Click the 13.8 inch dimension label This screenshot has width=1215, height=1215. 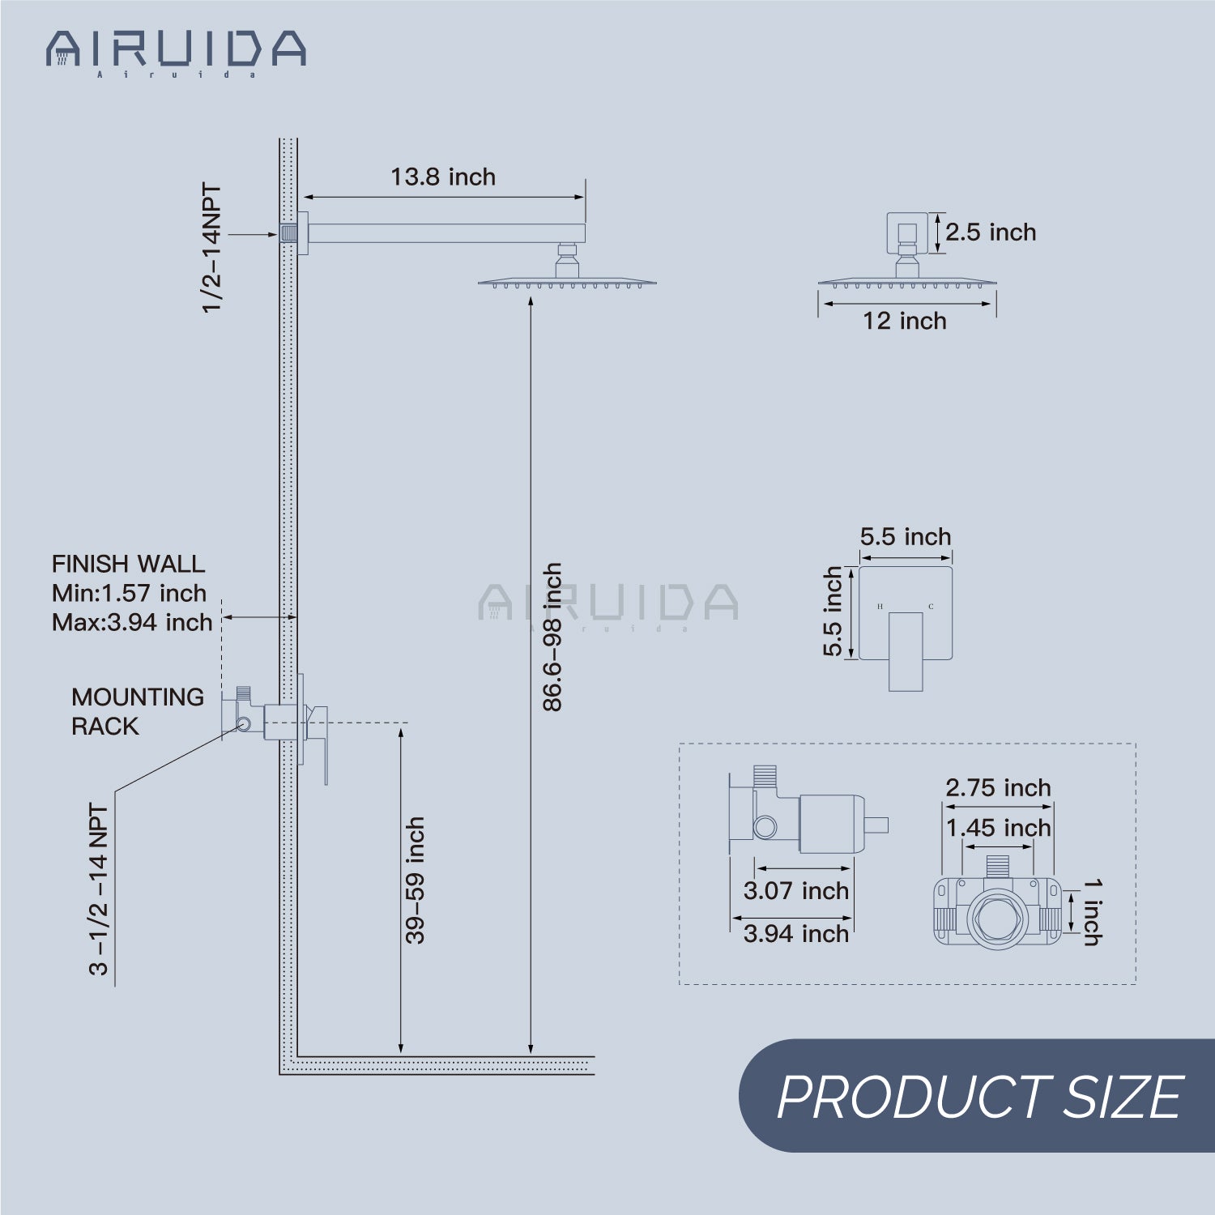443,177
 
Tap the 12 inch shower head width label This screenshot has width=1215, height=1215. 904,321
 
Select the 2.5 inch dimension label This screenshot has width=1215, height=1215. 990,232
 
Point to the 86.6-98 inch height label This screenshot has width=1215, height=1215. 552,637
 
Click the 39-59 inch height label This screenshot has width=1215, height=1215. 415,880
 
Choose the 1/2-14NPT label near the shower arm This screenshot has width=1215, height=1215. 211,248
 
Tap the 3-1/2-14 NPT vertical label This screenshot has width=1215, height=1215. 99,889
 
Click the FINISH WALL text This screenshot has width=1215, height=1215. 128,564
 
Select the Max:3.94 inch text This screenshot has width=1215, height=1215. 132,622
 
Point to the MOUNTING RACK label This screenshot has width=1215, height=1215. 137,711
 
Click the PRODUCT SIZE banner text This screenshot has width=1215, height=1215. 979,1097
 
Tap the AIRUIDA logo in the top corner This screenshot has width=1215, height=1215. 176,51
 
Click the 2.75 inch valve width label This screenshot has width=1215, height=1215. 998,787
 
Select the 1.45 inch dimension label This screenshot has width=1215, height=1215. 998,828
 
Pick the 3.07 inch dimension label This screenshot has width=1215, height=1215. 796,891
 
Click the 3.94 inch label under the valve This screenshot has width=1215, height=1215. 796,934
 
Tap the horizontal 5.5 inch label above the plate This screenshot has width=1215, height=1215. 906,537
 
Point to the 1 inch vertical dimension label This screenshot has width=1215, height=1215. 1092,912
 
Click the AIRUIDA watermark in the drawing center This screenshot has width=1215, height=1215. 608,603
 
